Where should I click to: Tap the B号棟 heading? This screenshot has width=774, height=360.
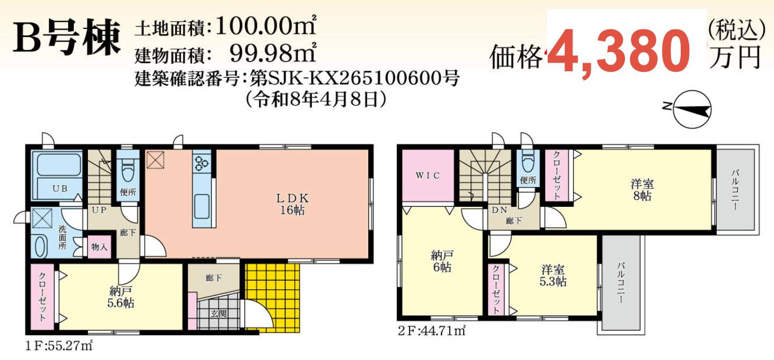tap(66, 39)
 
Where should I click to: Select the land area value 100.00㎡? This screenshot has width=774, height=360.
tap(266, 26)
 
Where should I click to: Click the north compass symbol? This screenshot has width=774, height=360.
tap(687, 109)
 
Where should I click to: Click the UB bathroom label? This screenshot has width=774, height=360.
tap(60, 189)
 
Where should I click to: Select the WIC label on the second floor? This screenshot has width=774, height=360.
tap(428, 176)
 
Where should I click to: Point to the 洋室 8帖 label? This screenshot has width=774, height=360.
tap(642, 190)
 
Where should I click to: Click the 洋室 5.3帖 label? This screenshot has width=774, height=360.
tap(553, 275)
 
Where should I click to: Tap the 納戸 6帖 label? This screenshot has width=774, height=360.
tap(442, 261)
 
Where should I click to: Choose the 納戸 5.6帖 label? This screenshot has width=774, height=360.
tap(121, 297)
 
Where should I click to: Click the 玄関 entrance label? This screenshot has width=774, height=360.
tap(219, 313)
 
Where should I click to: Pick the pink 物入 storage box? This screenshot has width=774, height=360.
tap(100, 246)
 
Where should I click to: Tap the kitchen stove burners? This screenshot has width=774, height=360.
tap(202, 163)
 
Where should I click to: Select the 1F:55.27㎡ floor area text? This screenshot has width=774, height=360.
tap(59, 345)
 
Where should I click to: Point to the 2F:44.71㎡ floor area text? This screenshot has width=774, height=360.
tap(431, 331)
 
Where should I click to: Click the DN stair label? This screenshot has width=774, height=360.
tap(499, 210)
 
